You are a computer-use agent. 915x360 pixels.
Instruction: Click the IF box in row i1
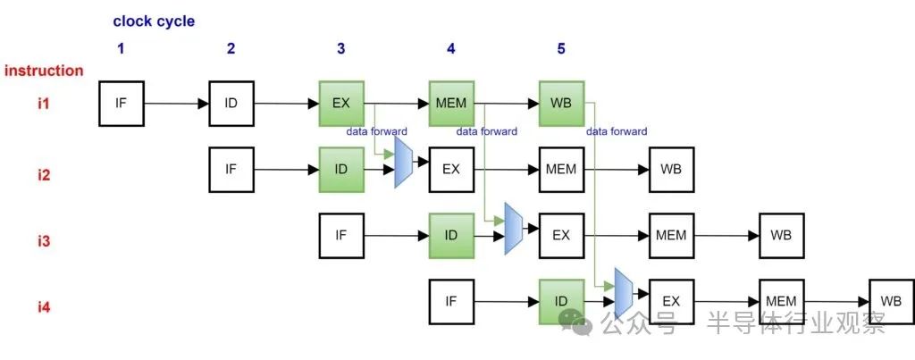click(x=121, y=103)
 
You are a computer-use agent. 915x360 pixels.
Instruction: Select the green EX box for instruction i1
click(x=340, y=103)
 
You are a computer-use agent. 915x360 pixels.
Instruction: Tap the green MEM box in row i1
click(x=450, y=103)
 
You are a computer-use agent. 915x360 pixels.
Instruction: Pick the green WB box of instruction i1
click(x=560, y=103)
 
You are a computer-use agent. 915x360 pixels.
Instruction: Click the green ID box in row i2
click(x=340, y=169)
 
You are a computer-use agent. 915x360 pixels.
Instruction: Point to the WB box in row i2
click(x=670, y=169)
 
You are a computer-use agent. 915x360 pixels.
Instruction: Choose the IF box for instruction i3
click(x=340, y=235)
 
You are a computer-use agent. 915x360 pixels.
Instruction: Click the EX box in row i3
click(x=560, y=235)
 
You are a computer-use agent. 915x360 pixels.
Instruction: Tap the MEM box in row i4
click(x=780, y=301)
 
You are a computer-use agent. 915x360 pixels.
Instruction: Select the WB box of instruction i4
click(x=890, y=301)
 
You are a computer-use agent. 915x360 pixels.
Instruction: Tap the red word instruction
click(x=44, y=71)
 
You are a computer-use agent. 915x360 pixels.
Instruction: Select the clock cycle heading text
click(x=154, y=21)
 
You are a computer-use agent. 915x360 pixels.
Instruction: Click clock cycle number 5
click(x=561, y=48)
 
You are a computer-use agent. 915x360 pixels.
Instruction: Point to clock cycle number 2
click(x=231, y=48)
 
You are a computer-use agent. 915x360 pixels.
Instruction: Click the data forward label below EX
click(x=376, y=131)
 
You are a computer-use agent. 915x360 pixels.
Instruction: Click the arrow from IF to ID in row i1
click(x=176, y=104)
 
